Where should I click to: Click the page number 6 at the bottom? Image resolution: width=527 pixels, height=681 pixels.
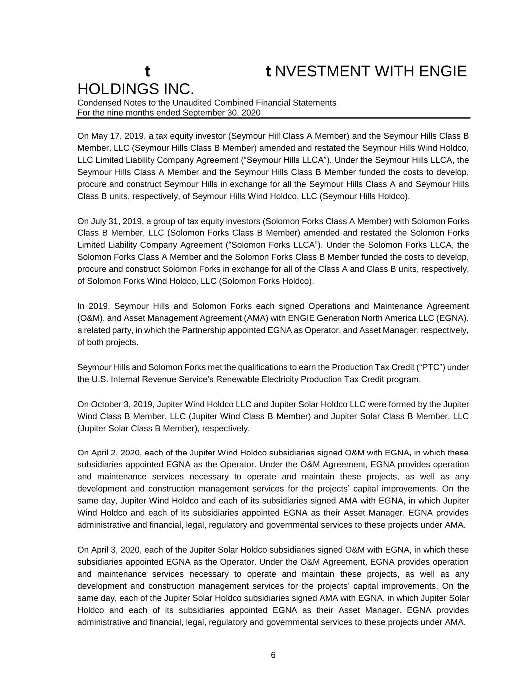coord(273,655)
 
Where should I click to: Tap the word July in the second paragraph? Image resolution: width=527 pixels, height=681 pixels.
coord(99,221)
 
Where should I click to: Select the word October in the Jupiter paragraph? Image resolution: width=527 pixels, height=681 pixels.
coord(107,404)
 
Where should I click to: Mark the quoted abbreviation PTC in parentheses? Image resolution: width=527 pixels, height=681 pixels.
coord(431,367)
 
